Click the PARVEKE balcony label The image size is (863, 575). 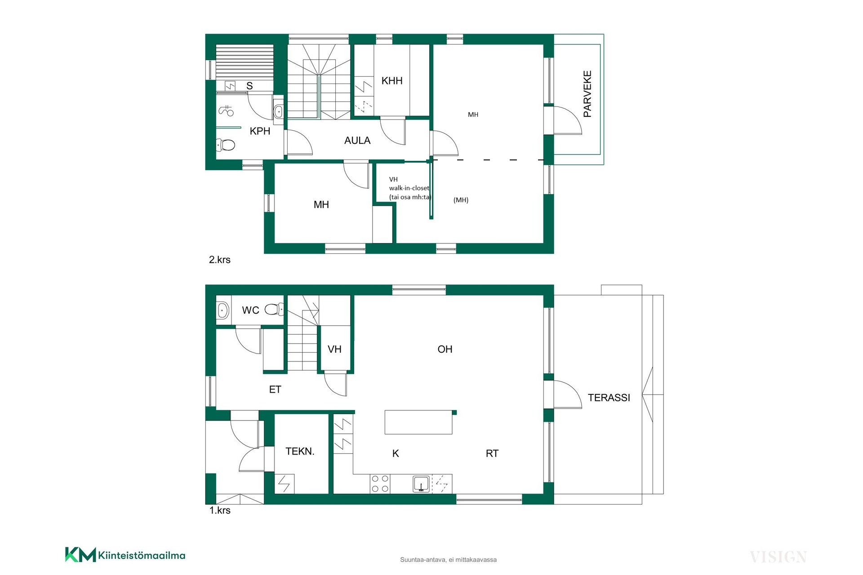[x=587, y=94]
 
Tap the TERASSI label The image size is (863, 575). [x=609, y=398]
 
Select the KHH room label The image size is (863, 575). [x=392, y=81]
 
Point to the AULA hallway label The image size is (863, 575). [x=357, y=141]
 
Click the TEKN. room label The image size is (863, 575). [x=300, y=451]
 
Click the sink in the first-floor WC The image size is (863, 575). [x=222, y=310]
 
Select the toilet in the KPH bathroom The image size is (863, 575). [x=226, y=145]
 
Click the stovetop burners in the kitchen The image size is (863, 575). [x=380, y=484]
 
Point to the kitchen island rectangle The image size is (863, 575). [x=418, y=422]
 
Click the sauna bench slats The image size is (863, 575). [x=245, y=62]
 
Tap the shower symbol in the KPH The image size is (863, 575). [x=226, y=110]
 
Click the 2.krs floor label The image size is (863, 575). [x=220, y=260]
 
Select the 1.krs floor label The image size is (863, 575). [x=220, y=510]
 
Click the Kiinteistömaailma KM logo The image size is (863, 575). [x=125, y=555]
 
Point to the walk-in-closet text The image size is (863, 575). [x=409, y=188]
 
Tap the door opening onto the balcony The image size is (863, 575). [x=568, y=120]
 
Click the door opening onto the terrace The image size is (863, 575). [x=568, y=394]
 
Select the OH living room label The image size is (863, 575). [x=445, y=349]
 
